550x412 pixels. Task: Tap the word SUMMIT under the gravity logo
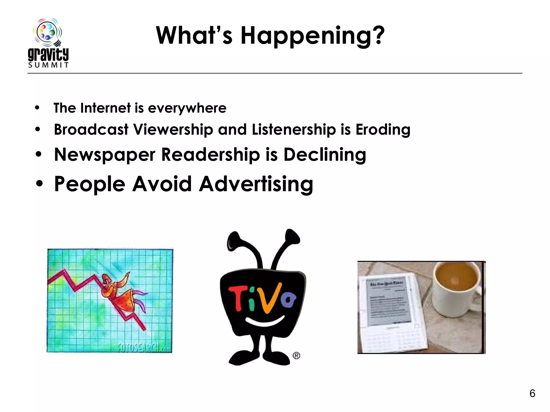(x=48, y=65)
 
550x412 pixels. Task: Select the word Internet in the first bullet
(x=106, y=108)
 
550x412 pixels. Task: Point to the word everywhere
(x=187, y=108)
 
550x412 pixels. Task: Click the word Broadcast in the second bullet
(x=91, y=129)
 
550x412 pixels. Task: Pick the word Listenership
(x=294, y=129)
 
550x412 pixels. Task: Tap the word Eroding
(x=383, y=130)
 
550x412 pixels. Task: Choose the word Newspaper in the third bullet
(x=105, y=155)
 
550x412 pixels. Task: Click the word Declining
(x=325, y=155)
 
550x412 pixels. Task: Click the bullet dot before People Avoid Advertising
(x=39, y=184)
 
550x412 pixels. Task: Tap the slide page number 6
(x=532, y=393)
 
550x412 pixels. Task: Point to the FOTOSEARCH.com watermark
(x=144, y=348)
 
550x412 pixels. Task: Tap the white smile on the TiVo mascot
(x=265, y=321)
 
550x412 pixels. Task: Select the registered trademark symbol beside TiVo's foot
(x=296, y=356)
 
